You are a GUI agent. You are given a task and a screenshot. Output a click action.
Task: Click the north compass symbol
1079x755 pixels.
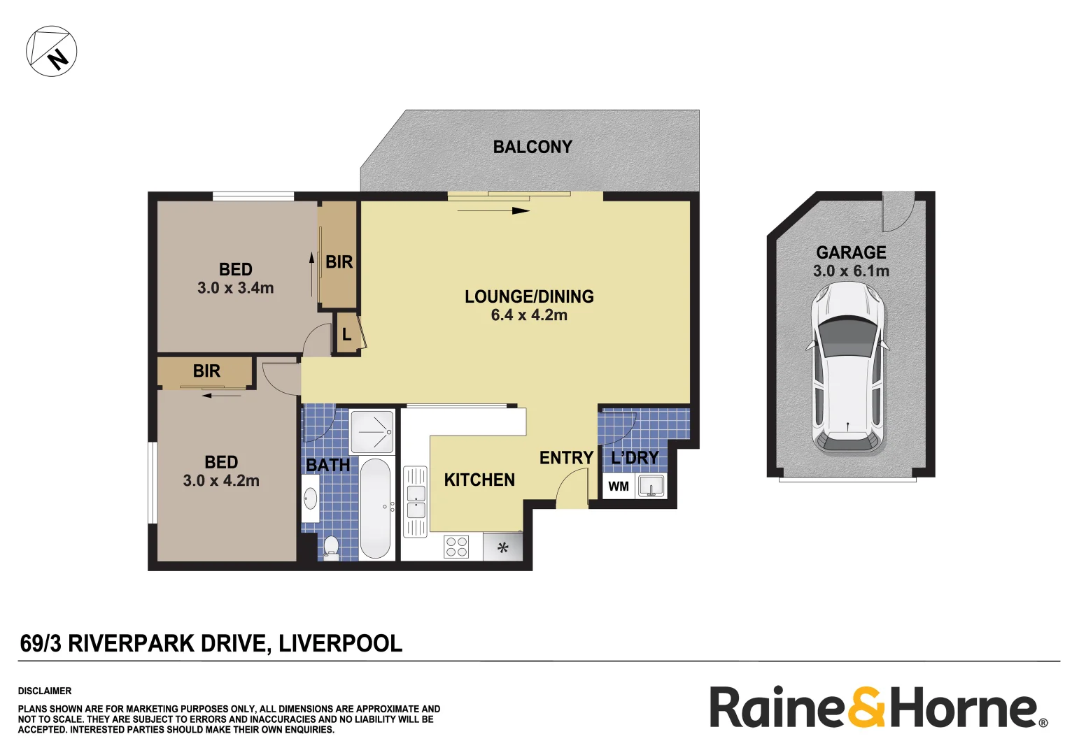pyautogui.click(x=52, y=51)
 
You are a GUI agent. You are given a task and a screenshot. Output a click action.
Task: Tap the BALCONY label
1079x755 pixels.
pyautogui.click(x=533, y=147)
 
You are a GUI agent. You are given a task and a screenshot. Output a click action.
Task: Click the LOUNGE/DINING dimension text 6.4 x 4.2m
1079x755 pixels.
pyautogui.click(x=529, y=315)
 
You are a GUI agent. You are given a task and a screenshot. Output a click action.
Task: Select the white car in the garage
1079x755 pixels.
pyautogui.click(x=847, y=368)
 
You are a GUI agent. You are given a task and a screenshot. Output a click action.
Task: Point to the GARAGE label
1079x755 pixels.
pyautogui.click(x=851, y=252)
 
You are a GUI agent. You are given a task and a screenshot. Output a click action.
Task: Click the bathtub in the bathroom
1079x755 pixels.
pyautogui.click(x=376, y=508)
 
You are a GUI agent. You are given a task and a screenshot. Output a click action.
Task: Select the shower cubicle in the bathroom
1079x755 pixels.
pyautogui.click(x=372, y=432)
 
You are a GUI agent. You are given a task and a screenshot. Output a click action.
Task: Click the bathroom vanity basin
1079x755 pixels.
pyautogui.click(x=309, y=498)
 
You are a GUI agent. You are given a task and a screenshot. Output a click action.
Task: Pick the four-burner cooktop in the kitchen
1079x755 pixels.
pyautogui.click(x=456, y=546)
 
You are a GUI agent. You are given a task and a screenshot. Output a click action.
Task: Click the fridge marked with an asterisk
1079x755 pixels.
pyautogui.click(x=502, y=547)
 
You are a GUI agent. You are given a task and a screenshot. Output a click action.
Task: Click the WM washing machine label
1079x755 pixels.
pyautogui.click(x=619, y=487)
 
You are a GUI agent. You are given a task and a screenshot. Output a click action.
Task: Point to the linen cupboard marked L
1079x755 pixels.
pyautogui.click(x=346, y=335)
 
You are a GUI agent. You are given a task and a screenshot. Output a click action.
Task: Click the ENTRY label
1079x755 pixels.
pyautogui.click(x=566, y=458)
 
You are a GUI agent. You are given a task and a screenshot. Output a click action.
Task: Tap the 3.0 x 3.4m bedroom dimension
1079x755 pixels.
pyautogui.click(x=236, y=288)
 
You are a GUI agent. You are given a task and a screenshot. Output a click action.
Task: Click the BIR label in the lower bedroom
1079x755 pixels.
pyautogui.click(x=206, y=371)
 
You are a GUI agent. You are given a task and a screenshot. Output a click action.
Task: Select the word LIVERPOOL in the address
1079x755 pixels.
pyautogui.click(x=340, y=643)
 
